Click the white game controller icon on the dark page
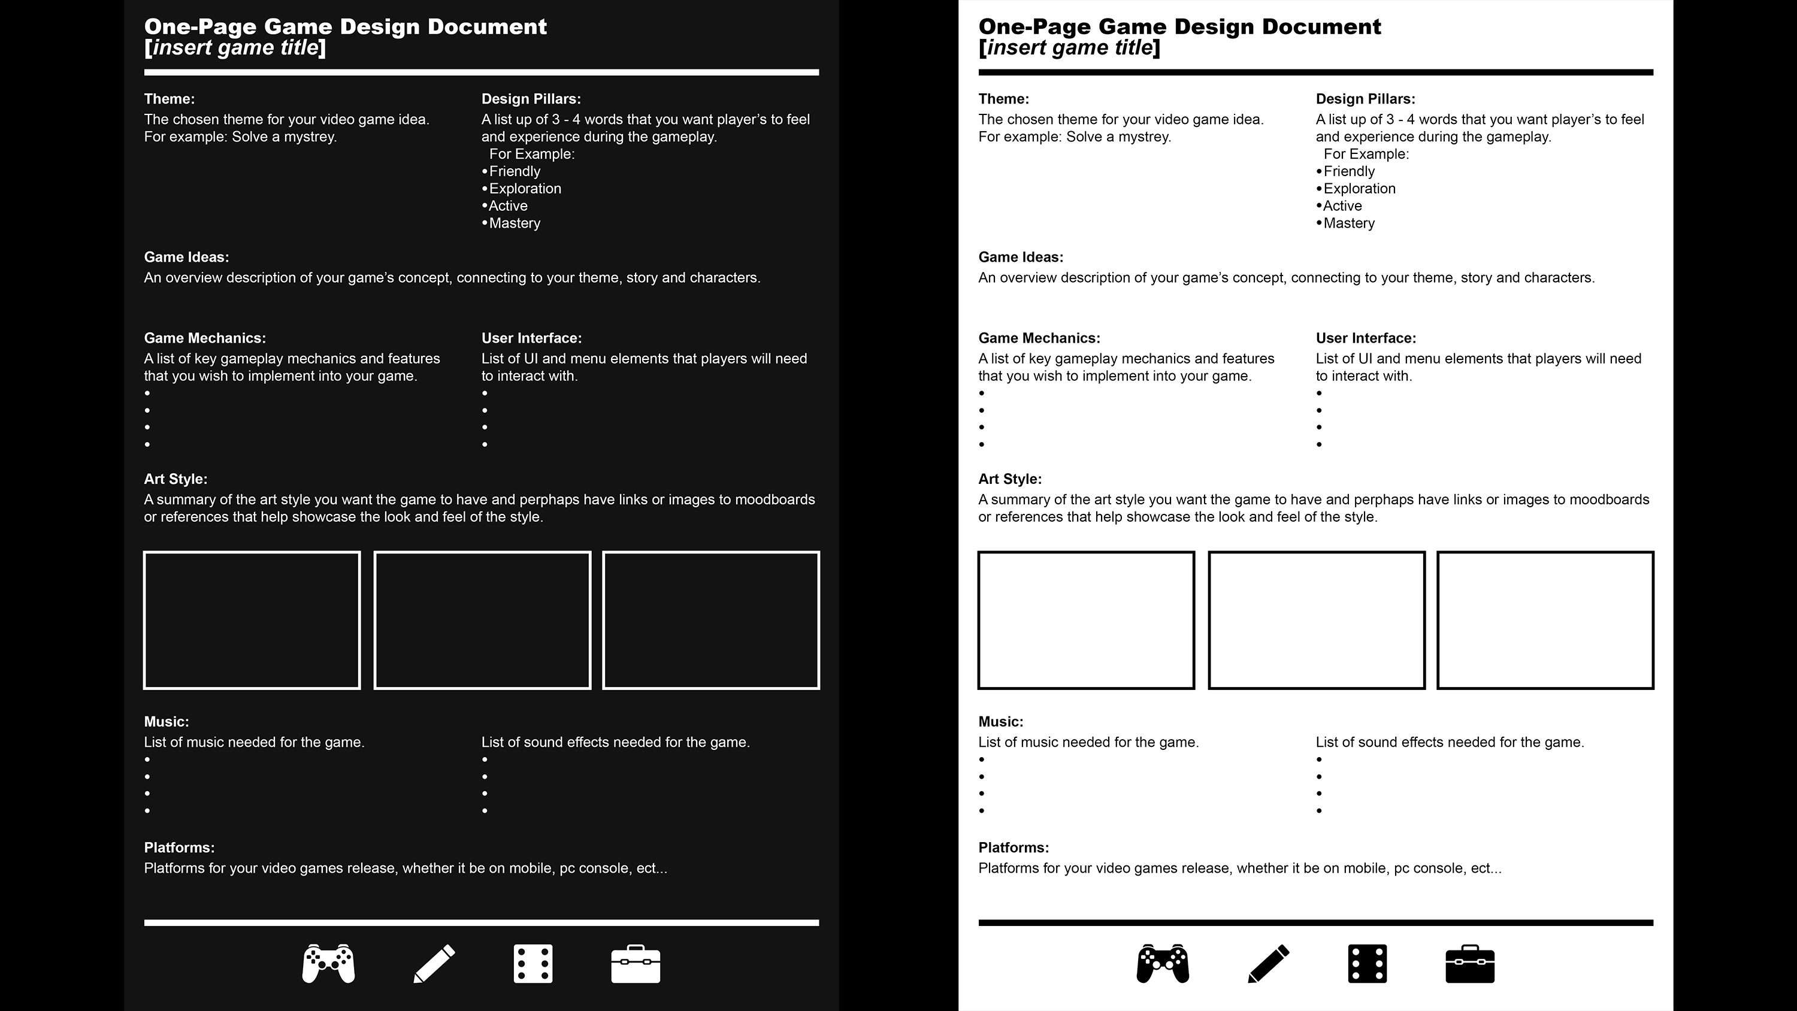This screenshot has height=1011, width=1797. click(x=329, y=964)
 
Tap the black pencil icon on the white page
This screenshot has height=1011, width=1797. click(x=1268, y=964)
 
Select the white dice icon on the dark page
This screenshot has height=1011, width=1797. click(x=533, y=964)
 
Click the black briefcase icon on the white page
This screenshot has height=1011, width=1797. click(x=1470, y=964)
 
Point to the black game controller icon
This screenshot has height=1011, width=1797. click(x=1163, y=964)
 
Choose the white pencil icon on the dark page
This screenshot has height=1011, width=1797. click(x=434, y=964)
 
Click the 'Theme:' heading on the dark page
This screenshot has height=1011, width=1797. click(x=169, y=99)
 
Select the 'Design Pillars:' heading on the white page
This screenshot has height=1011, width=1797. click(x=1365, y=99)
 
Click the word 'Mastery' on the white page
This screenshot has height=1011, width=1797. click(x=1348, y=223)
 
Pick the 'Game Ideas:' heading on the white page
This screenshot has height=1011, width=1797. click(x=1021, y=258)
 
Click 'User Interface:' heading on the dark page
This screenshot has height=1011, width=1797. click(x=531, y=338)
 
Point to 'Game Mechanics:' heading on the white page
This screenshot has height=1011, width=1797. click(x=1039, y=338)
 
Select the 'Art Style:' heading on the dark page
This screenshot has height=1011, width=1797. click(x=175, y=479)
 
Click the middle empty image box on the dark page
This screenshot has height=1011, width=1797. click(x=482, y=620)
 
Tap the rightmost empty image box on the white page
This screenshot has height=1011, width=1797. click(x=1545, y=620)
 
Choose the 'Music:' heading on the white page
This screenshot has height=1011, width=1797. click(x=1000, y=722)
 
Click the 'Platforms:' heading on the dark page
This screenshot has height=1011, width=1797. click(x=179, y=847)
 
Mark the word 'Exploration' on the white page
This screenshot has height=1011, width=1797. click(x=1359, y=189)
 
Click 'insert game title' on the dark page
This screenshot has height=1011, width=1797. click(x=235, y=48)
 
